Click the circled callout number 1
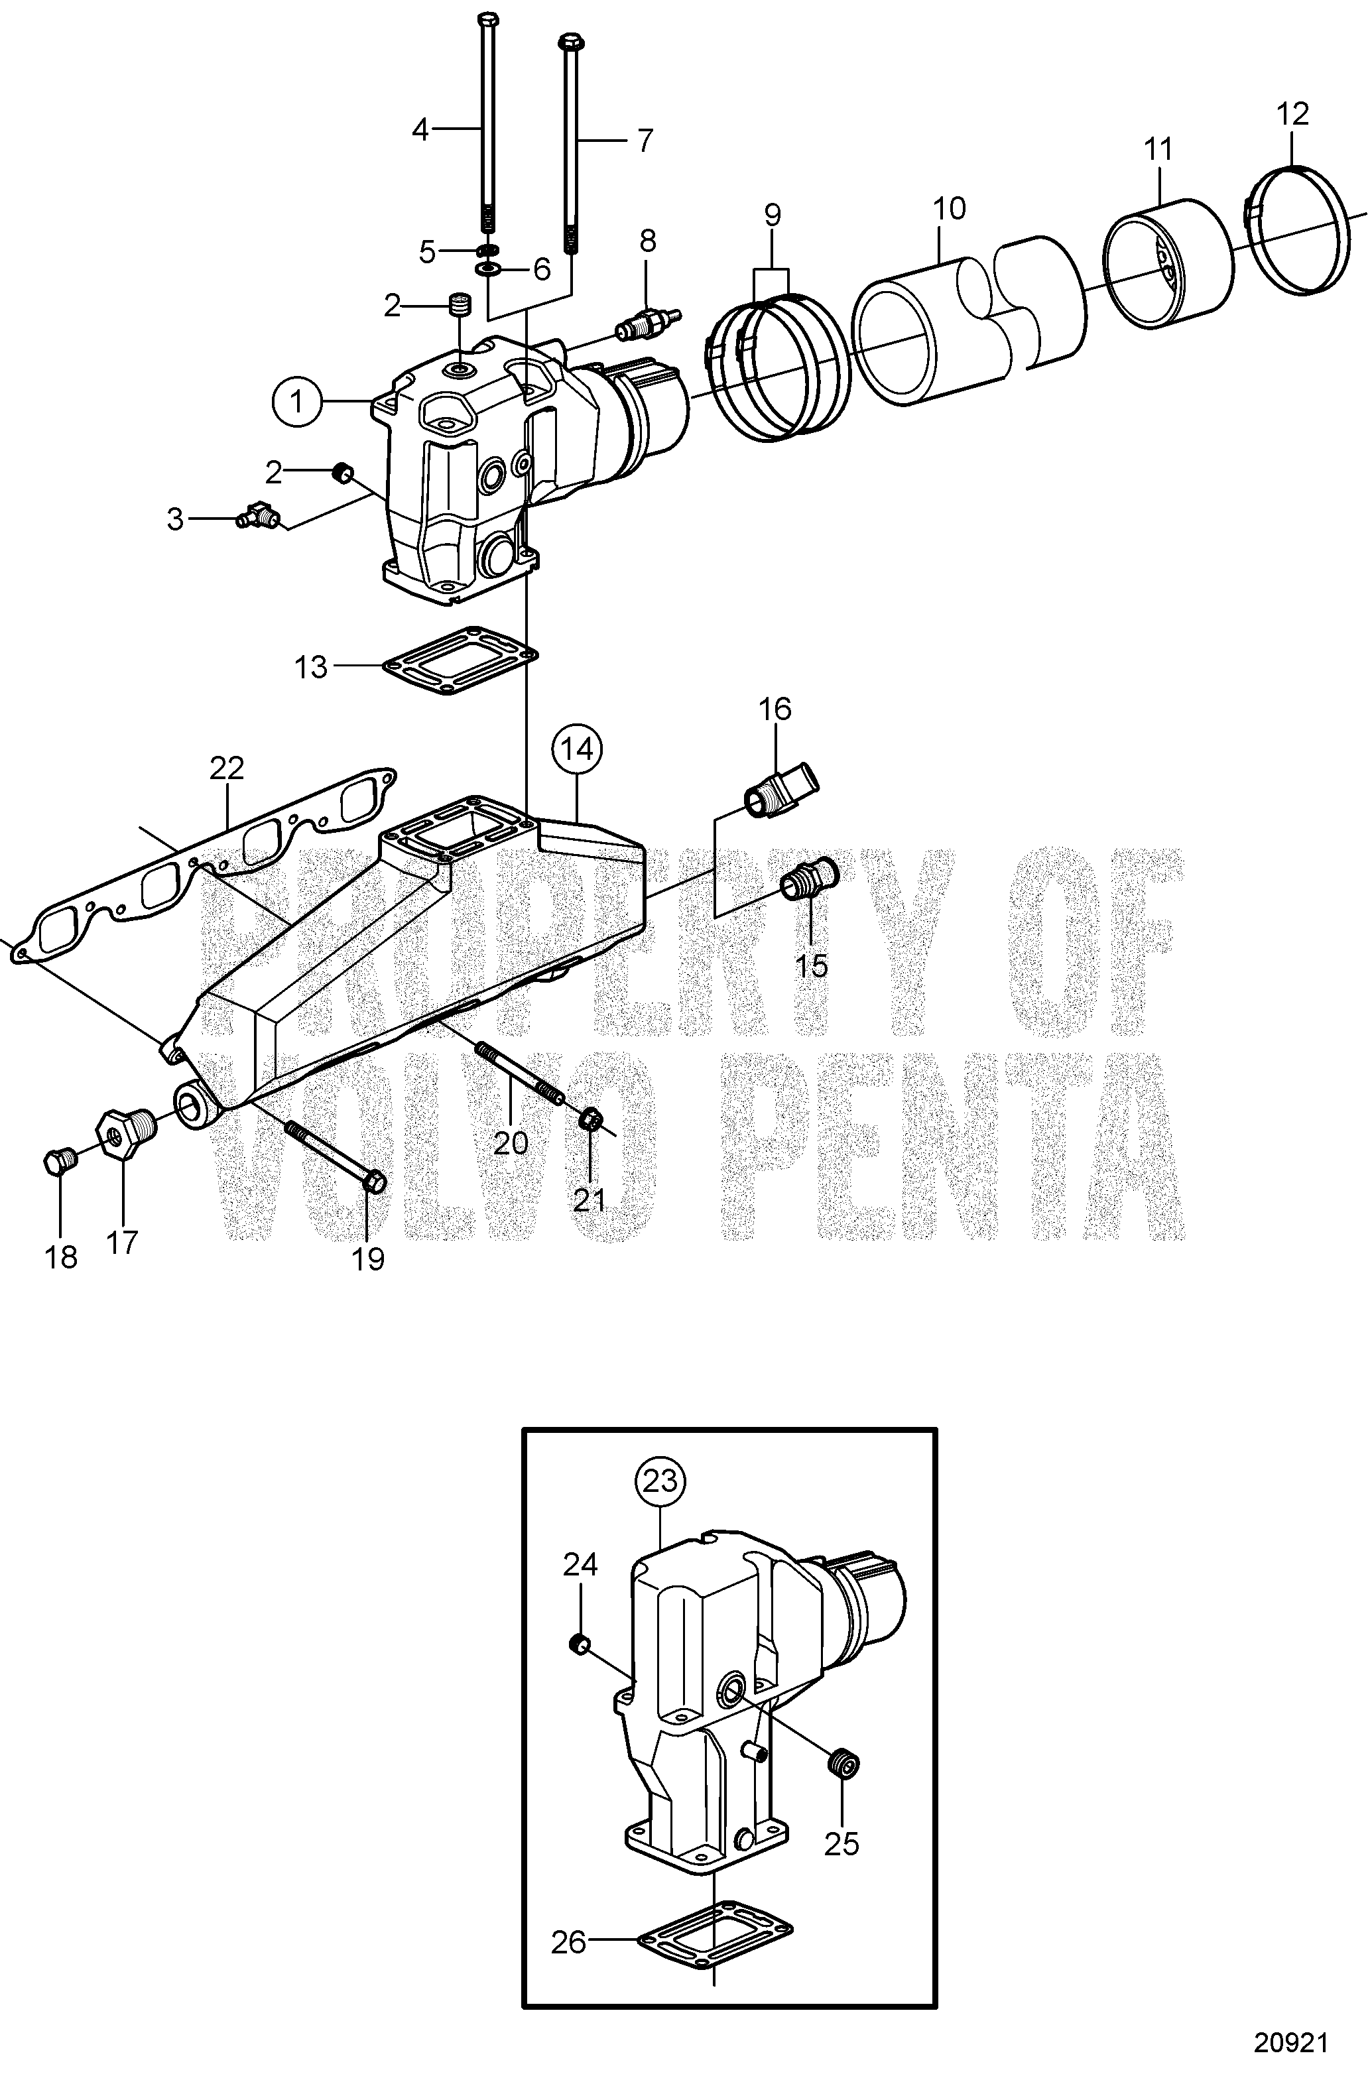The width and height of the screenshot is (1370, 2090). pyautogui.click(x=297, y=402)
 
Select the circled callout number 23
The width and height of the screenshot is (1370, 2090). pyautogui.click(x=660, y=1481)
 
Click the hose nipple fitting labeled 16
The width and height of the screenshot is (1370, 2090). pyautogui.click(x=780, y=788)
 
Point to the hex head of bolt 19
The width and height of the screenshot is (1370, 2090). pyautogui.click(x=373, y=1183)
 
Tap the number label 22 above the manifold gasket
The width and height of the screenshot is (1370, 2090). pyautogui.click(x=227, y=768)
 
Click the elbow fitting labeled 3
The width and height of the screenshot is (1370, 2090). pyautogui.click(x=258, y=515)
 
